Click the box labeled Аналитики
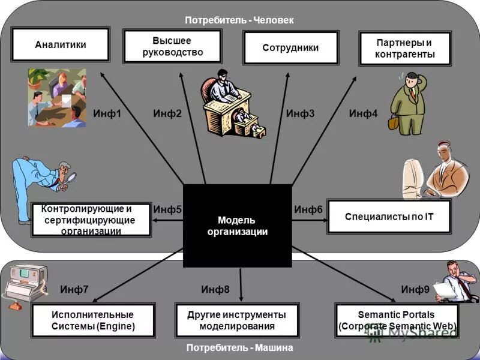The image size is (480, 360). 61,44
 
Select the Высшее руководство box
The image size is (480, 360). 172,46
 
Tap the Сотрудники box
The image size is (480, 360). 290,48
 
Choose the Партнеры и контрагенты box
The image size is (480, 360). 404,49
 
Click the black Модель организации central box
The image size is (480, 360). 237,226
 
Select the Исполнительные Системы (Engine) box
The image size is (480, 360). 93,320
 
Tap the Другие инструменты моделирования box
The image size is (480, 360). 236,320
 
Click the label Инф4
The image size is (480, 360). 363,113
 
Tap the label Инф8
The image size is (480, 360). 215,290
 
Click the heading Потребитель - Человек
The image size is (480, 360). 239,20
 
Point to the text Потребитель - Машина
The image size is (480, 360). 239,347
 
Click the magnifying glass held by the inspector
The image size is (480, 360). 71,178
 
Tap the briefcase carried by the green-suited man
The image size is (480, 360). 393,122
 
